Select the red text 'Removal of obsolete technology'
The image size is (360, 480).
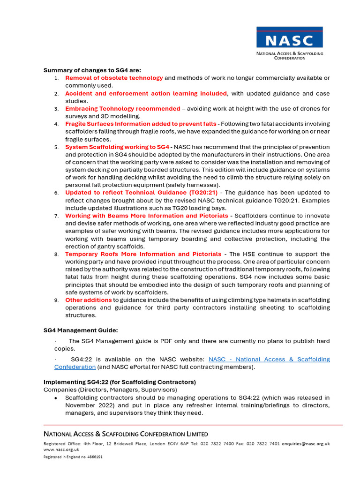pyautogui.click(x=114, y=78)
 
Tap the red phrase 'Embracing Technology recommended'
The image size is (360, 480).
pyautogui.click(x=122, y=109)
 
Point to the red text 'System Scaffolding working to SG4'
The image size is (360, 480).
pyautogui.click(x=117, y=147)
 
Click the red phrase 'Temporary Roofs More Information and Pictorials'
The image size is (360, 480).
pyautogui.click(x=143, y=254)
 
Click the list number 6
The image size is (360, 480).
pyautogui.click(x=56, y=193)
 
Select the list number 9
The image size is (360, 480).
pyautogui.click(x=56, y=300)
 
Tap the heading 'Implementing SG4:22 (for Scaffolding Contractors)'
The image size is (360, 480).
pyautogui.click(x=120, y=382)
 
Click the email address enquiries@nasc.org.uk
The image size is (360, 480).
pyautogui.click(x=306, y=443)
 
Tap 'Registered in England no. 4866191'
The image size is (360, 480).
pyautogui.click(x=73, y=457)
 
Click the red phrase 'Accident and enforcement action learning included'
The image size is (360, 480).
pyautogui.click(x=146, y=93)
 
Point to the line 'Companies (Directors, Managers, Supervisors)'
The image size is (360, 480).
pyautogui.click(x=110, y=390)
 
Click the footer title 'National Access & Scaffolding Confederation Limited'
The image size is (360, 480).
pyautogui.click(x=126, y=434)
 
